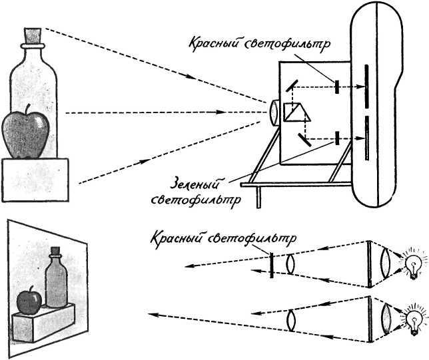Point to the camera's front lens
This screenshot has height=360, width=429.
pos(274,112)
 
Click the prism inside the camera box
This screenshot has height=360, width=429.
pos(293,112)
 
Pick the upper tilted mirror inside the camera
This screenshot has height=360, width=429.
pos(292,86)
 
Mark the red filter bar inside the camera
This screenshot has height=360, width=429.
pos(338,87)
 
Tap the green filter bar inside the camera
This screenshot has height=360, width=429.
pos(338,138)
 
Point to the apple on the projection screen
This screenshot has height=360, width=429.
pos(29,301)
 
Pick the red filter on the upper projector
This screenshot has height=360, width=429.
pos(271,264)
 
